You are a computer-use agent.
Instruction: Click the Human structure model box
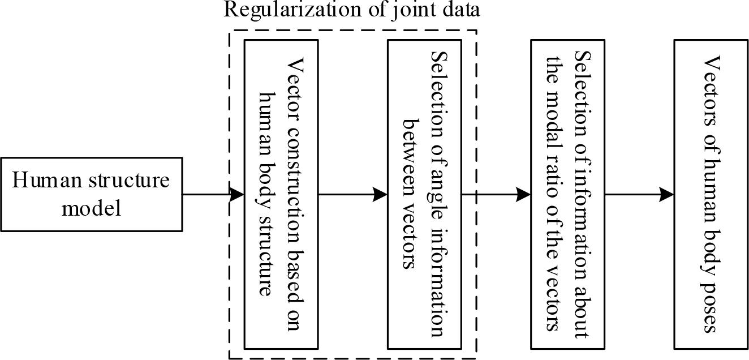click(x=91, y=195)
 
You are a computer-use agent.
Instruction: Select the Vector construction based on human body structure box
click(x=281, y=195)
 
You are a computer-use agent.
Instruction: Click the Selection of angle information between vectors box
click(x=424, y=195)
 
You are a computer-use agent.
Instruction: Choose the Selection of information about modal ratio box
click(x=567, y=195)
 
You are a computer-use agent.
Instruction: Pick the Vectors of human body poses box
click(x=711, y=195)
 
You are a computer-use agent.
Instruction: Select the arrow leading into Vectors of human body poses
click(x=639, y=195)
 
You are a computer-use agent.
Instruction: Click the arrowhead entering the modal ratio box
click(x=524, y=195)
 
